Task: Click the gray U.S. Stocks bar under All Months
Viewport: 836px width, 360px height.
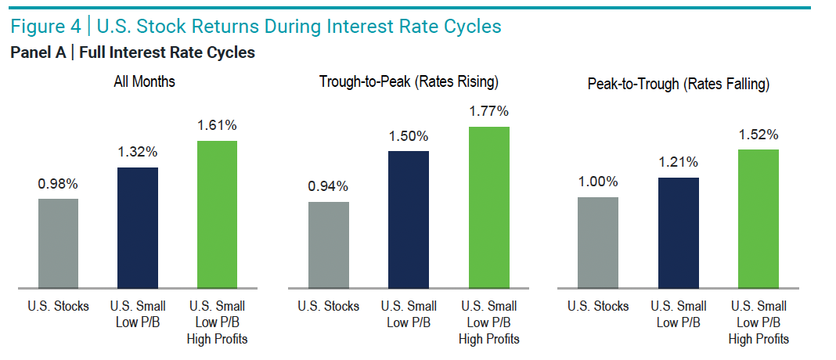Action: tap(58, 243)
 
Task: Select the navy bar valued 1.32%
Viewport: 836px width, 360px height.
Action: tap(137, 227)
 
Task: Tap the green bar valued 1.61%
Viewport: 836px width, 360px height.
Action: tap(217, 214)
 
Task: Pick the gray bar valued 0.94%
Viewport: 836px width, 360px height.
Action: tap(329, 244)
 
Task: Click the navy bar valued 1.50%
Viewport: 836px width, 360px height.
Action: tap(409, 219)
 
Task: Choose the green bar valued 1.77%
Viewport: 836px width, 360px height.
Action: tap(488, 207)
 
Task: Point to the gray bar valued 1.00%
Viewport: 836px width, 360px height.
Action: tap(598, 242)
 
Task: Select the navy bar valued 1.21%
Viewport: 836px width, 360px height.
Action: tap(679, 232)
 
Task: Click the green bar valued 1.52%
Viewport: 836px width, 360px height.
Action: tap(759, 218)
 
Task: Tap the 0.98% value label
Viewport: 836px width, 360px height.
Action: tap(58, 185)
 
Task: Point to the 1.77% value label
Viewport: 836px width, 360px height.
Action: tap(488, 112)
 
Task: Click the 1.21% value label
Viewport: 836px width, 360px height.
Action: tap(679, 163)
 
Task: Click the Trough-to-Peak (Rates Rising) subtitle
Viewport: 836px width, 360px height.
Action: tap(409, 81)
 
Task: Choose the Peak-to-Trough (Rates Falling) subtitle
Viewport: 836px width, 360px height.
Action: tap(679, 84)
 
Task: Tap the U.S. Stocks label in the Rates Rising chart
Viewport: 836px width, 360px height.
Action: tap(329, 306)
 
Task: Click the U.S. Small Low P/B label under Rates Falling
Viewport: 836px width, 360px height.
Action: tap(679, 313)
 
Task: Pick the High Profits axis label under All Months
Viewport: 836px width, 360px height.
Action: tap(217, 339)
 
